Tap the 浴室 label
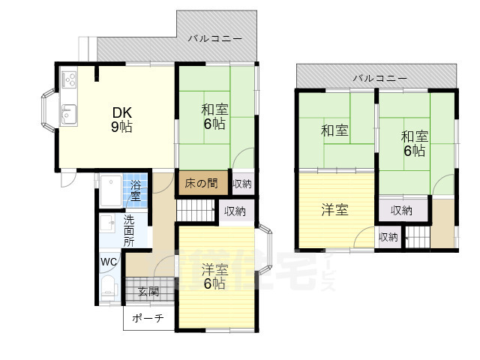click(136, 190)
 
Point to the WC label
click(108, 262)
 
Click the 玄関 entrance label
click(148, 291)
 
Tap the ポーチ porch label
click(148, 318)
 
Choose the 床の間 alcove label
click(201, 182)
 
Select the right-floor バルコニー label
click(379, 78)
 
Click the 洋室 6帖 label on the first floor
click(214, 276)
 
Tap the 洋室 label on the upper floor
click(334, 210)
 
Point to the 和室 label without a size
click(334, 131)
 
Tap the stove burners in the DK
click(68, 78)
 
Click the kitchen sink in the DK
click(67, 115)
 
